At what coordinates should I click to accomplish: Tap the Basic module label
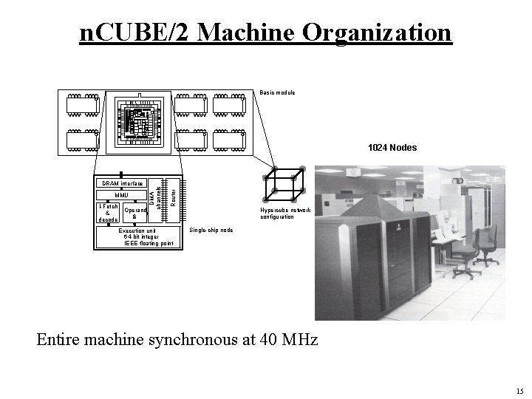point(277,92)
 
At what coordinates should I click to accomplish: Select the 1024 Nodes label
point(392,148)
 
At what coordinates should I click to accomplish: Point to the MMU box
point(121,195)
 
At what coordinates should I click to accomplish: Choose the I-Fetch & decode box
point(108,214)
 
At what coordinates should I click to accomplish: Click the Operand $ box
point(135,214)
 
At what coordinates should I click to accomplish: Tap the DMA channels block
point(155,198)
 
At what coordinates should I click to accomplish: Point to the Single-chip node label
point(211,230)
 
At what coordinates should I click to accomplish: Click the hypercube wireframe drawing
point(284,184)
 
